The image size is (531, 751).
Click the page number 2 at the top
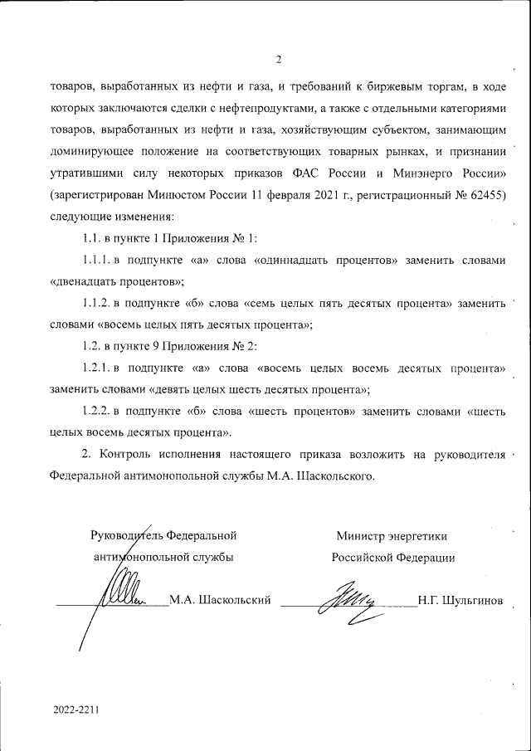coord(279,59)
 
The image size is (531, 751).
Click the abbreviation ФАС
coord(310,173)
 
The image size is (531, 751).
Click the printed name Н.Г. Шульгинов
coord(460,599)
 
